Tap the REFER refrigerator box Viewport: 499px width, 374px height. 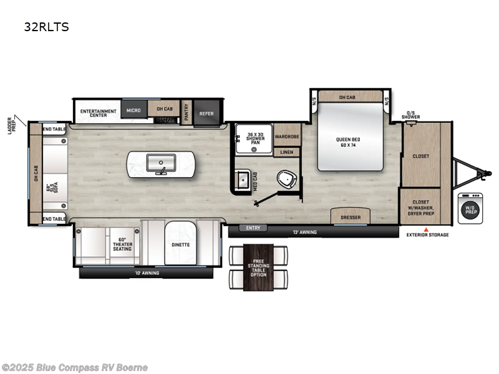(x=206, y=113)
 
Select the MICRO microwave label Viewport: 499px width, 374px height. (x=133, y=110)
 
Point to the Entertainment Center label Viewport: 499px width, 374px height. (x=99, y=112)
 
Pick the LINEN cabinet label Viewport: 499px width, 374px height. (x=287, y=152)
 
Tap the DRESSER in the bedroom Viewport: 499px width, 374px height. (x=350, y=218)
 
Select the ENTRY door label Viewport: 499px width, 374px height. (x=253, y=228)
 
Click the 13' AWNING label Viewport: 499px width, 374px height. (x=306, y=233)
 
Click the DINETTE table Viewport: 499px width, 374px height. (x=180, y=245)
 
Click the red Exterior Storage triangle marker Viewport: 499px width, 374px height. (x=427, y=229)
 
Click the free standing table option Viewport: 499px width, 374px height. (x=258, y=268)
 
